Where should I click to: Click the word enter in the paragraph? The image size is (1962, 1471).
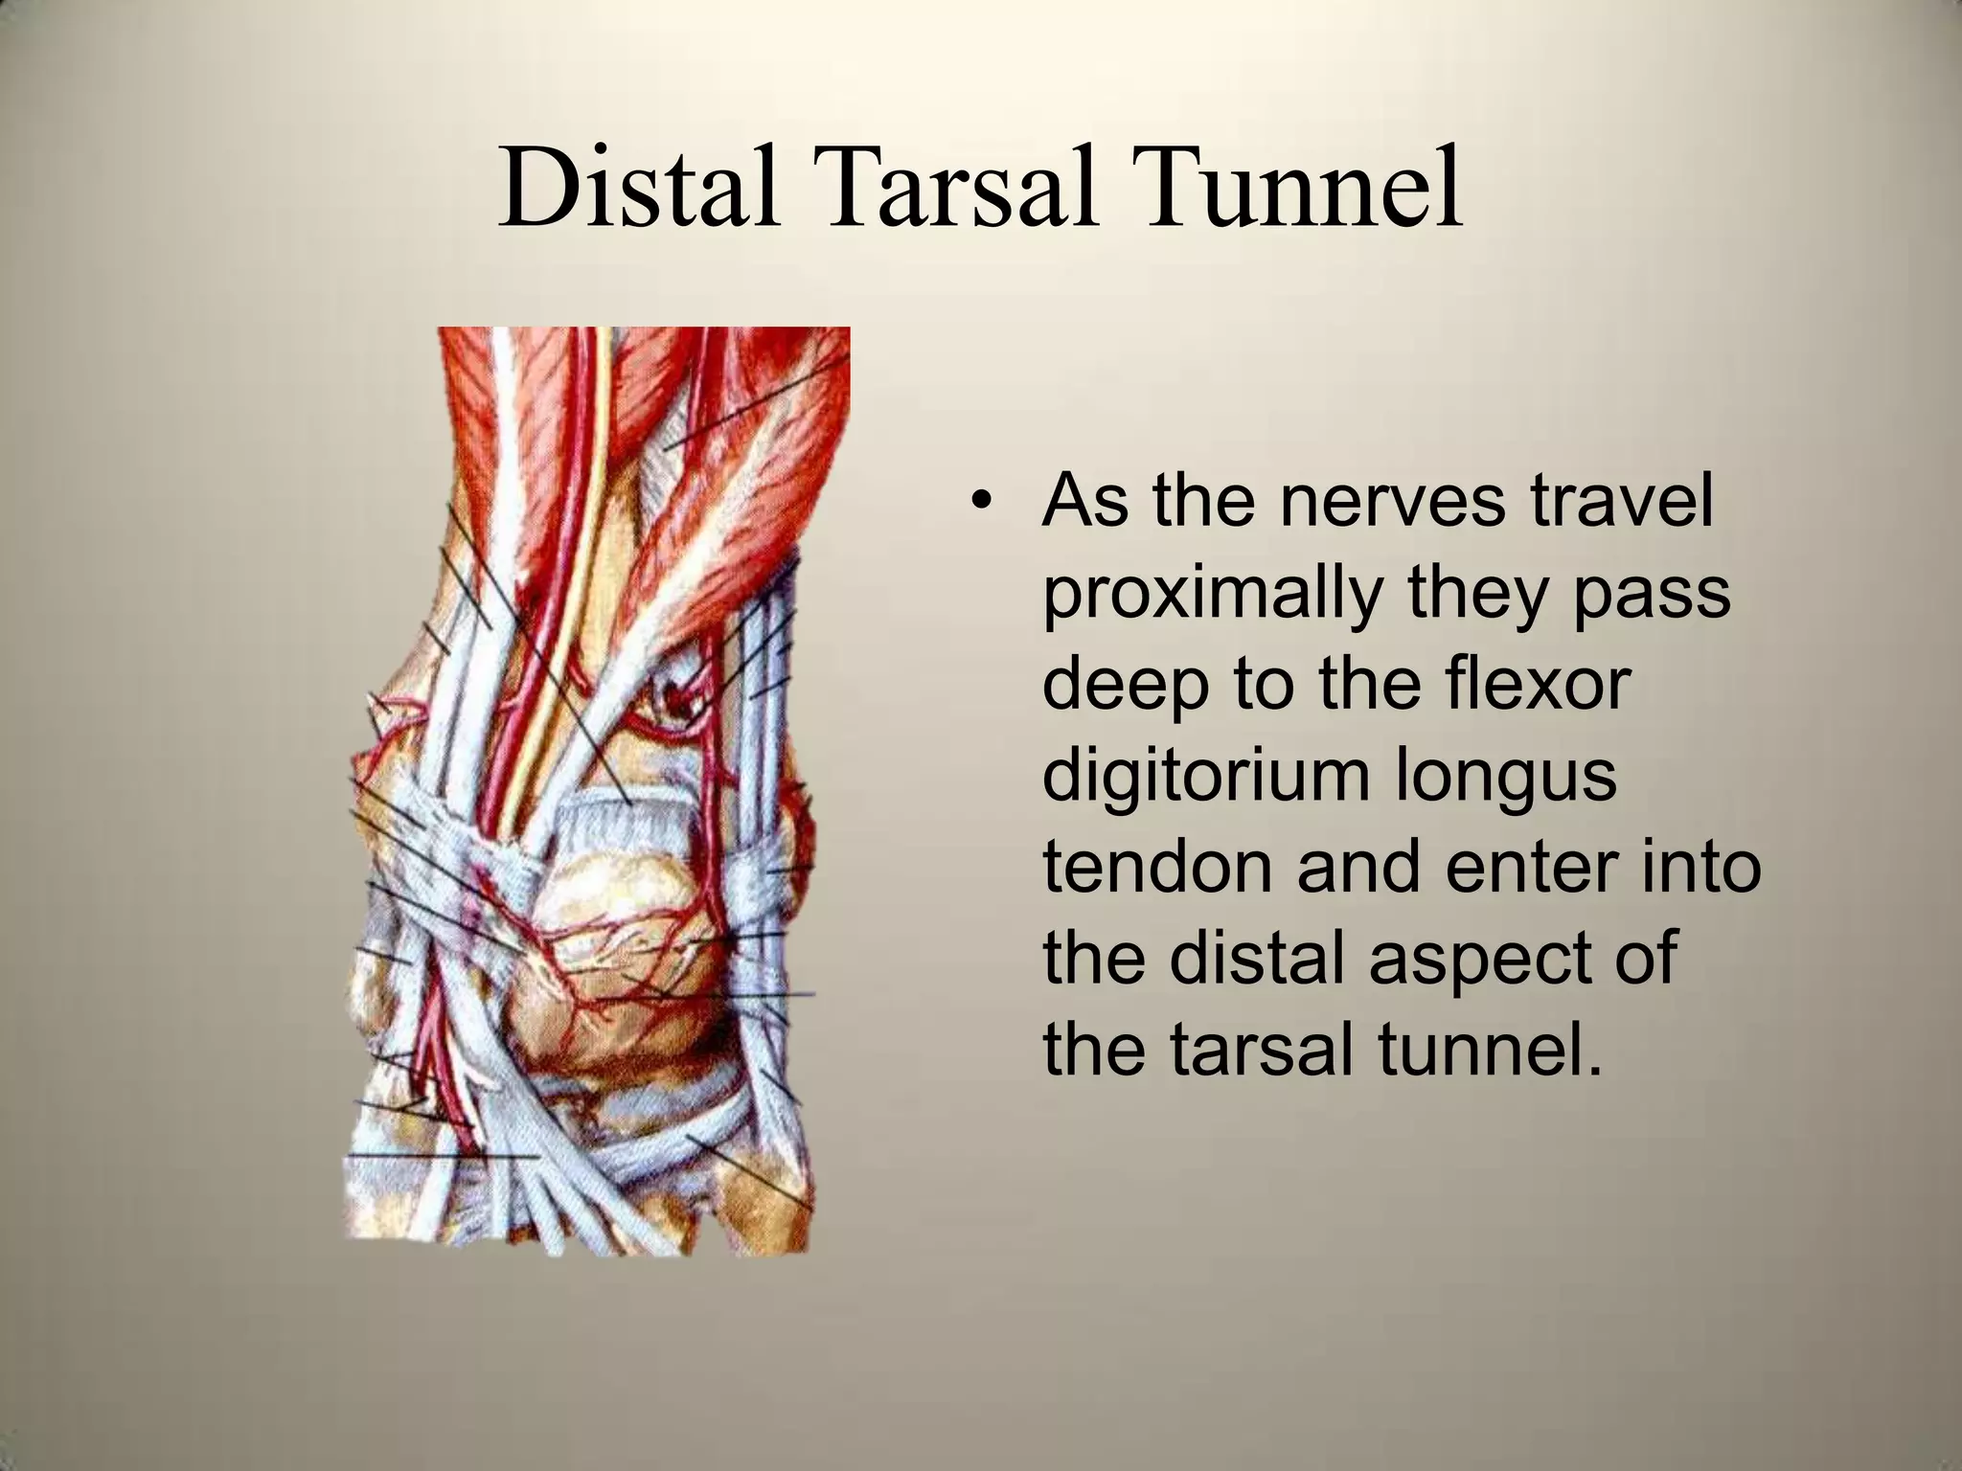[1551, 866]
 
